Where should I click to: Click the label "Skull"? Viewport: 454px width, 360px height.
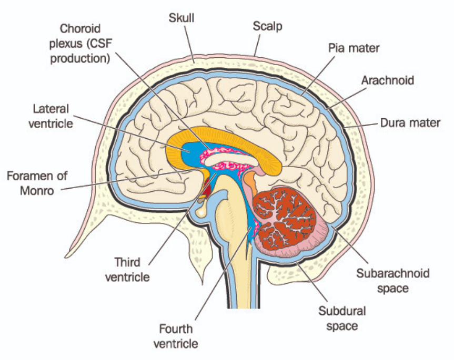tap(181, 18)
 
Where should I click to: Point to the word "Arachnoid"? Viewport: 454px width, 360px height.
tap(388, 80)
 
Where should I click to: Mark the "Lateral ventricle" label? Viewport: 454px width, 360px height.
tap(51, 116)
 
